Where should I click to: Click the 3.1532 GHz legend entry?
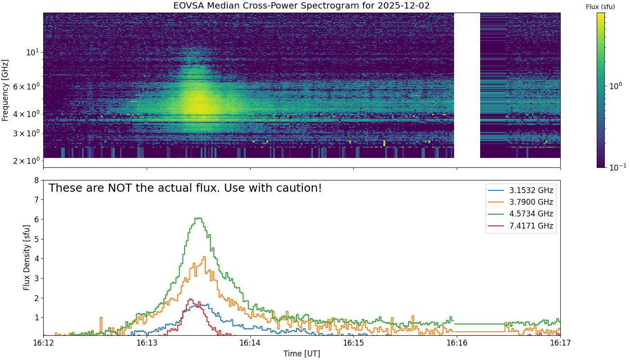521,190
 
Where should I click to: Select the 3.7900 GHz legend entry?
521,202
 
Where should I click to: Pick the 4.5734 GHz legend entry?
521,214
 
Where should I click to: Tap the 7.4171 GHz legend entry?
521,226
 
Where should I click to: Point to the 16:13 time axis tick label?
147,343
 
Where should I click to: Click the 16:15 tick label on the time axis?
353,343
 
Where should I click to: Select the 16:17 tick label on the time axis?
560,343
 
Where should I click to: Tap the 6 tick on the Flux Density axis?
36,220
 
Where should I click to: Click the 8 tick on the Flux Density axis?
36,180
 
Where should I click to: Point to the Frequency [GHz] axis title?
5,90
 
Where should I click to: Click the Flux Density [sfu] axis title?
27,257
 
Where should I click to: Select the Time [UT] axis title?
301,354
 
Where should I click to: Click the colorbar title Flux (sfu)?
600,7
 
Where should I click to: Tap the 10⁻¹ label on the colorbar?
617,167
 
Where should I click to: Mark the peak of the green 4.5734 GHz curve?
198,218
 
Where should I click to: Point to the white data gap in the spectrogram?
467,85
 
